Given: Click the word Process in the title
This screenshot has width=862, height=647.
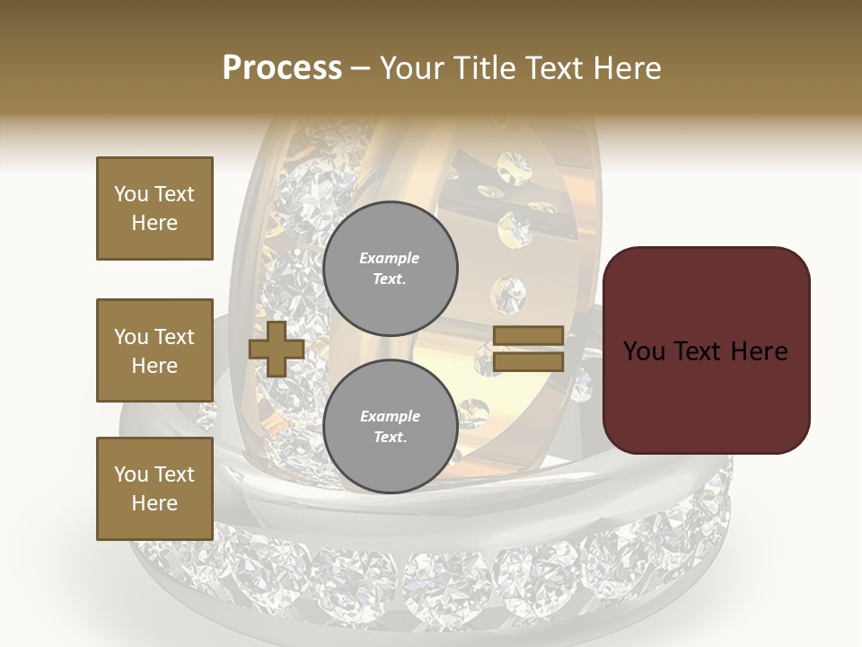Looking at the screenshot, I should click(x=282, y=68).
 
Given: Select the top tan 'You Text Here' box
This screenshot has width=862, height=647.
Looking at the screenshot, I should click(x=154, y=208).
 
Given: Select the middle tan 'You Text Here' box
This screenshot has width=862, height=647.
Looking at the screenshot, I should click(x=154, y=350).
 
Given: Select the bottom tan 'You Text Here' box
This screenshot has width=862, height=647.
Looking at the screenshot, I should click(x=154, y=489).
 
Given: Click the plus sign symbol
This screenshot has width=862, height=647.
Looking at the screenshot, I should click(x=277, y=349).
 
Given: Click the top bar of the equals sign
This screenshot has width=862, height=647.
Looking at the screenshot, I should click(x=528, y=335).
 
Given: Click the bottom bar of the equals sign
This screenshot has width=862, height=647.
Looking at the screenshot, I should click(x=528, y=362).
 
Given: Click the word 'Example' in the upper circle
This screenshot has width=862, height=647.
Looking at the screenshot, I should click(x=389, y=258).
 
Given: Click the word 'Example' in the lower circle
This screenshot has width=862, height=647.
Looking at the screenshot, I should click(x=389, y=416).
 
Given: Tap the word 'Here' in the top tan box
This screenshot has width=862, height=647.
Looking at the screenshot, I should click(x=154, y=223).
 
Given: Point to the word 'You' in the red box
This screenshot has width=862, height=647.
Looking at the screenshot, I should click(x=644, y=351).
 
